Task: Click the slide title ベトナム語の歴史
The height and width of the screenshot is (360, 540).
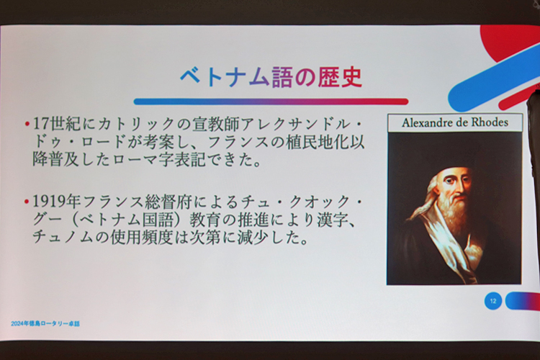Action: click(x=271, y=77)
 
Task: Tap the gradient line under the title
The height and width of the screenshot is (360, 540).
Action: click(x=271, y=102)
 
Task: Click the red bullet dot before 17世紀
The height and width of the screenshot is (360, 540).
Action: click(x=27, y=124)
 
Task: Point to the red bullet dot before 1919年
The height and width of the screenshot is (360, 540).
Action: click(x=27, y=202)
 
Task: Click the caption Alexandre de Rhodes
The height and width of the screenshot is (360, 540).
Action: click(x=455, y=122)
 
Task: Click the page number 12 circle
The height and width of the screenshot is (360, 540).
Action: click(x=493, y=301)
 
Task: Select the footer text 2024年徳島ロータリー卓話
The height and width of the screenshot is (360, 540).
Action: click(x=45, y=324)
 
